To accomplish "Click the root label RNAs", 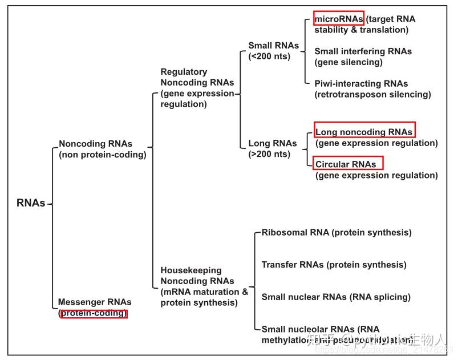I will pyautogui.click(x=30, y=203).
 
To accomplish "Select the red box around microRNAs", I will pyautogui.click(x=339, y=19).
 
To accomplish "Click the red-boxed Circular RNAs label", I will pyautogui.click(x=347, y=164).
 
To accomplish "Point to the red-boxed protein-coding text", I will pyautogui.click(x=94, y=313).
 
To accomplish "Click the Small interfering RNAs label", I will pyautogui.click(x=363, y=51).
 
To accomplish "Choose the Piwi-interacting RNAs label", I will pyautogui.click(x=361, y=83).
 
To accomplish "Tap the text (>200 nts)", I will pyautogui.click(x=269, y=154).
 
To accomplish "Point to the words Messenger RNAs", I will pyautogui.click(x=95, y=302).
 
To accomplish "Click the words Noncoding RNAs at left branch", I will pyautogui.click(x=95, y=144).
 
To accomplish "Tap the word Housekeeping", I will pyautogui.click(x=191, y=270).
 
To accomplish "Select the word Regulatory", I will pyautogui.click(x=184, y=72).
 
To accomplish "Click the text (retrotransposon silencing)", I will pyautogui.click(x=372, y=94).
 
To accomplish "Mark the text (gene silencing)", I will pyautogui.click(x=348, y=62).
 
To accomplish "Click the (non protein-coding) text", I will pyautogui.click(x=103, y=155).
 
